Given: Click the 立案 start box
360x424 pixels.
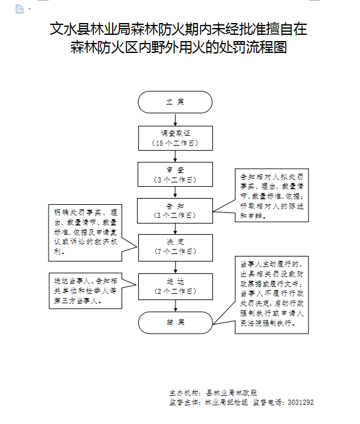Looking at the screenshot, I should click(175, 102).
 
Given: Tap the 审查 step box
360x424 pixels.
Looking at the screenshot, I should click(175, 174).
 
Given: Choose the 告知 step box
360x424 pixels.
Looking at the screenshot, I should click(175, 210).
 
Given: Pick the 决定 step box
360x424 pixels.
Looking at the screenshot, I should click(175, 246).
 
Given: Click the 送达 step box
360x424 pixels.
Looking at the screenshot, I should click(175, 286).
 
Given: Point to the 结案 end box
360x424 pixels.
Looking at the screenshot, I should click(175, 322).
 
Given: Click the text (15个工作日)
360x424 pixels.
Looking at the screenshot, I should click(175, 143).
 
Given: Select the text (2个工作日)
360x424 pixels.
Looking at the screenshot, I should click(175, 291).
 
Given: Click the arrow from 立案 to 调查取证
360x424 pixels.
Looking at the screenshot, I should click(175, 120).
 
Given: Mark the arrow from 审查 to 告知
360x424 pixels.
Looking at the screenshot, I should click(175, 192).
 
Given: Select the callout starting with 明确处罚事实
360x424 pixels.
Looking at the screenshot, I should click(83, 232).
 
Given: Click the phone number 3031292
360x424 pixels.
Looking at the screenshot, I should click(301, 402).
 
